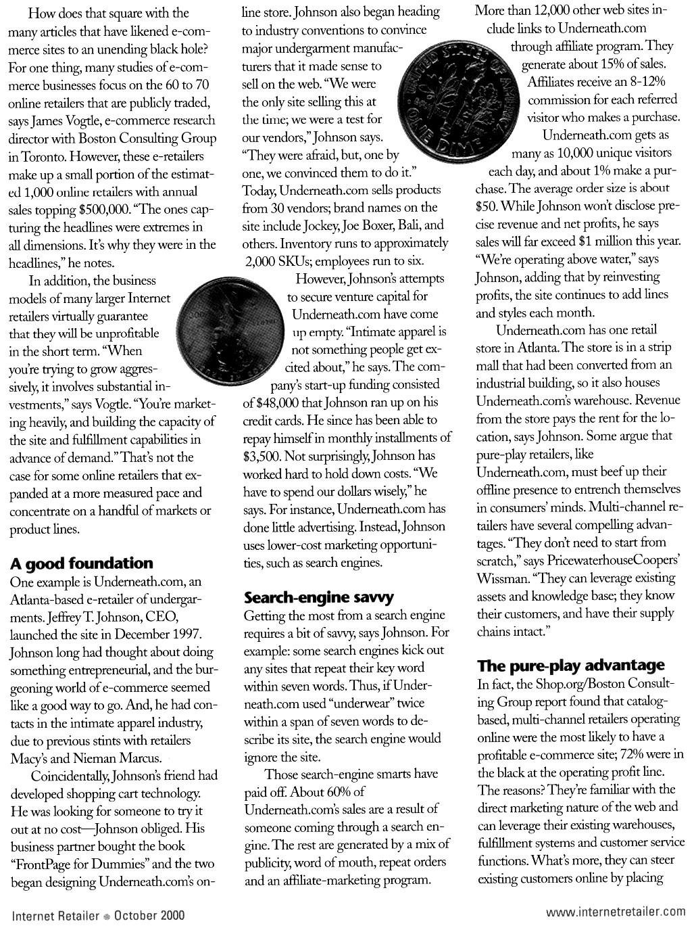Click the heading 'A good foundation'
pos(82,563)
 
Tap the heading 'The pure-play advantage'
pos(571,666)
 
